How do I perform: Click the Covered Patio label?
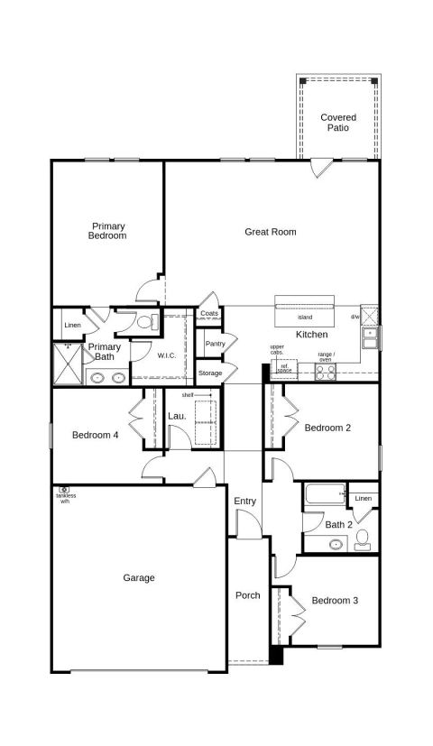(x=338, y=123)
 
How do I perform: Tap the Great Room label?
(x=271, y=232)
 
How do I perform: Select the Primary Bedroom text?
(x=108, y=231)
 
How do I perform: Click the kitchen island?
(x=305, y=312)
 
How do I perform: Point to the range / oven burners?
(x=326, y=371)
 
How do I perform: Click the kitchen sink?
(x=370, y=337)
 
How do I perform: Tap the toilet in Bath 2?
(x=363, y=539)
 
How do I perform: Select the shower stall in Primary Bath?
(x=68, y=364)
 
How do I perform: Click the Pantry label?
(x=215, y=344)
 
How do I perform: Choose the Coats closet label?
(x=209, y=314)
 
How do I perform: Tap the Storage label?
(x=210, y=373)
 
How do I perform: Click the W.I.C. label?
(x=167, y=355)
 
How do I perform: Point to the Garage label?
(x=139, y=578)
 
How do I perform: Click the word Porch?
(x=248, y=595)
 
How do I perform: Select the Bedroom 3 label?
(x=335, y=601)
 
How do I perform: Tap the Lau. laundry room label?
(x=177, y=416)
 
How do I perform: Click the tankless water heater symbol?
(x=64, y=489)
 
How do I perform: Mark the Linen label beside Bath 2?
(x=364, y=498)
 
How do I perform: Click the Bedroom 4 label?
(x=95, y=435)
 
